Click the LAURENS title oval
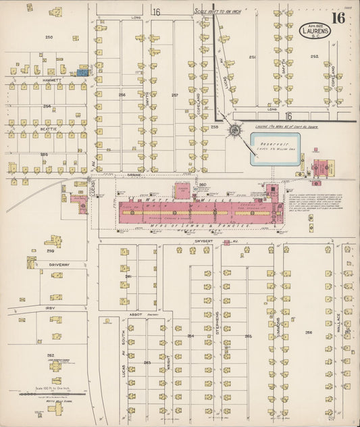[x=316, y=31]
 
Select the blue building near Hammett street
[x=82, y=70]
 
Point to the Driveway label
[x=59, y=265]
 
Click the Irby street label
[x=50, y=308]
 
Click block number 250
[x=48, y=36]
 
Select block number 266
[x=309, y=332]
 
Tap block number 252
[x=314, y=57]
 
